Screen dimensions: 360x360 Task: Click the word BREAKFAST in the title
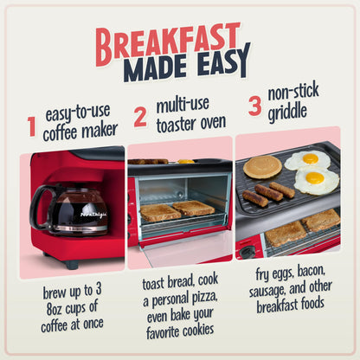point(167,40)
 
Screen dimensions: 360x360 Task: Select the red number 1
point(32,127)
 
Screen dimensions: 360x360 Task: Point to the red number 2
point(140,114)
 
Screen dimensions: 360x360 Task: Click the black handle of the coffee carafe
point(38,207)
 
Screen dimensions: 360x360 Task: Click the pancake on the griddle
point(262,166)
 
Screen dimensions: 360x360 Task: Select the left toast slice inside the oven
point(159,211)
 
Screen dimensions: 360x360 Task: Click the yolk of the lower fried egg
point(315,178)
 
